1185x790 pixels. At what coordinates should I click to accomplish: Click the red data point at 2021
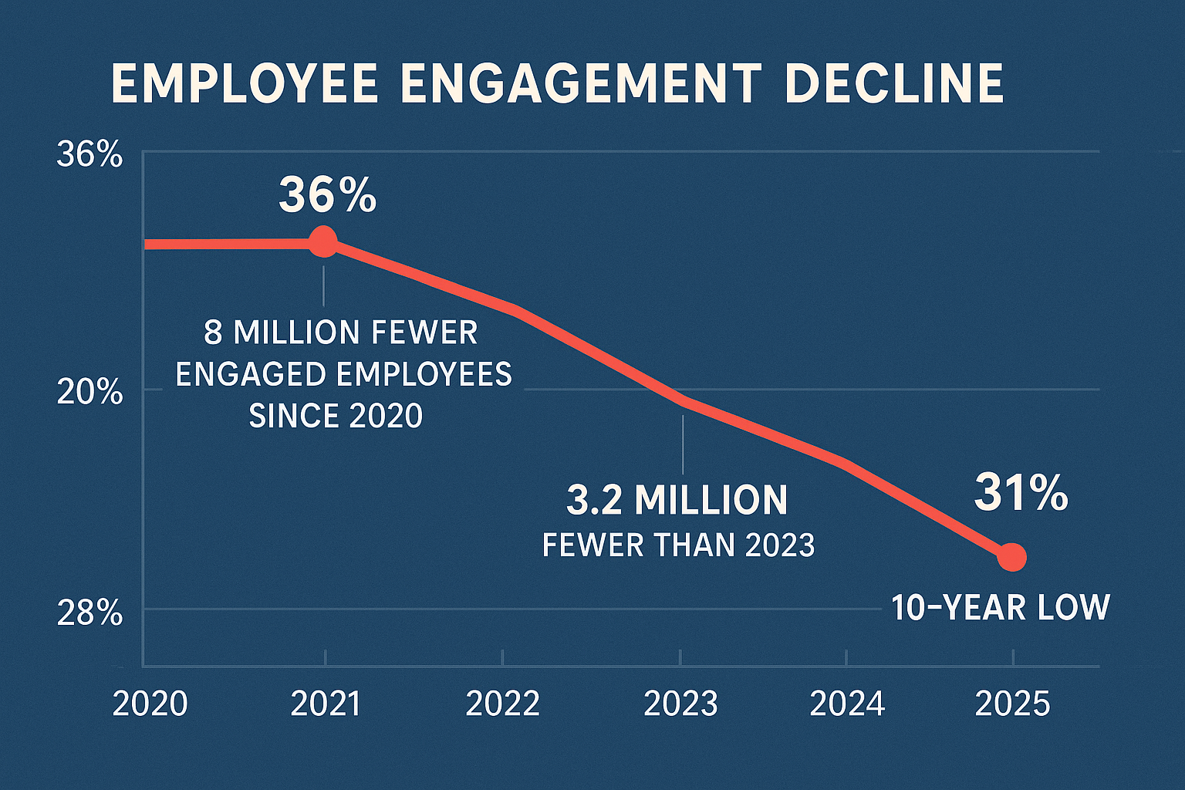click(x=323, y=242)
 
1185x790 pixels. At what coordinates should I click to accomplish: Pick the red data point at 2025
click(x=1012, y=556)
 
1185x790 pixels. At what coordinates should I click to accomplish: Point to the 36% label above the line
click(x=327, y=195)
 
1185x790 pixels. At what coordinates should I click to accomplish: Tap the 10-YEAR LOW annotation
click(x=1000, y=608)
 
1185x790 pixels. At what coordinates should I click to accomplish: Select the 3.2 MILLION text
click(x=677, y=500)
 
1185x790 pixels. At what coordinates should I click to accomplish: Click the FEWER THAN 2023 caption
click(x=678, y=545)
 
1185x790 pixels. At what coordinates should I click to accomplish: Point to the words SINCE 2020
click(x=336, y=417)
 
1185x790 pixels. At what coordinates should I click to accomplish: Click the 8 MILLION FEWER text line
click(x=340, y=333)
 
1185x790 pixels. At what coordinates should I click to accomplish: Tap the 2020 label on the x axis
click(x=150, y=704)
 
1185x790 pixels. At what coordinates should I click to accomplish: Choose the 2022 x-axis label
click(x=503, y=704)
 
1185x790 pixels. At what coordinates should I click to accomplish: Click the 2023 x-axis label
click(x=680, y=704)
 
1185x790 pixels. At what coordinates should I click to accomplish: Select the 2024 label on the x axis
click(x=847, y=704)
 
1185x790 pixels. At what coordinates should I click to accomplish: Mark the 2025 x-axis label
click(x=1012, y=704)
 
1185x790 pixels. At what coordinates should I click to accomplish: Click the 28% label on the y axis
click(x=89, y=614)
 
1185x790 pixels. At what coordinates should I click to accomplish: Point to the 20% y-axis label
click(x=89, y=393)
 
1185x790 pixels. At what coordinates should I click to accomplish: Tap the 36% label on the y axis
click(x=89, y=155)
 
